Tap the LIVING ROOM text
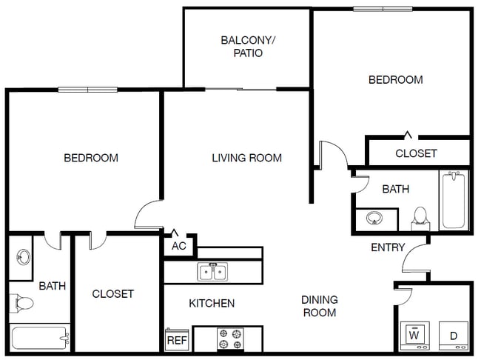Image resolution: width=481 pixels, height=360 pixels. [x=246, y=158]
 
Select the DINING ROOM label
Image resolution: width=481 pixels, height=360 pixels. [x=319, y=306]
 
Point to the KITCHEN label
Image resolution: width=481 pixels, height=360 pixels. [x=212, y=303]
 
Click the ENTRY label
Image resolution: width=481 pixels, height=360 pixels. [x=388, y=247]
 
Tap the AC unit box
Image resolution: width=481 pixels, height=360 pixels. [x=179, y=246]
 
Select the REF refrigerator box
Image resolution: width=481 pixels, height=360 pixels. [x=176, y=340]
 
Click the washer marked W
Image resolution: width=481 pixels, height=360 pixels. [x=414, y=336]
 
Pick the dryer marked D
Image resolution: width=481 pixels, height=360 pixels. [x=453, y=336]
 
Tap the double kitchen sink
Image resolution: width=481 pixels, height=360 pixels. [x=213, y=272]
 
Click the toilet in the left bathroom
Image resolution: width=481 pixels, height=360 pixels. [x=21, y=303]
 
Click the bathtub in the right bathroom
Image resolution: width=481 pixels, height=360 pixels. [x=453, y=200]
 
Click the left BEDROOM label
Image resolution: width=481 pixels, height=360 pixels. [x=91, y=158]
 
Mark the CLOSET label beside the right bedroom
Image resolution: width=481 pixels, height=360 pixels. [x=416, y=153]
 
